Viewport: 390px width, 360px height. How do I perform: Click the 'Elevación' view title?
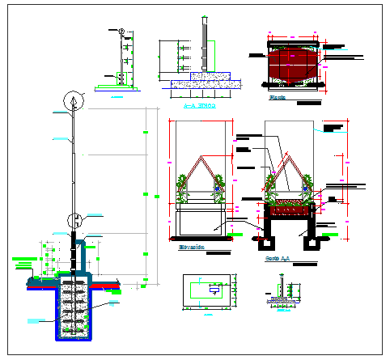(191, 248)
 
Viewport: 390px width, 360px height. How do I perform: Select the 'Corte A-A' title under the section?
(278, 260)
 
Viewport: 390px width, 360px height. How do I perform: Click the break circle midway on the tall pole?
(74, 218)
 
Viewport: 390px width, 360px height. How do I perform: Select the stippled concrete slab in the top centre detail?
(205, 82)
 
